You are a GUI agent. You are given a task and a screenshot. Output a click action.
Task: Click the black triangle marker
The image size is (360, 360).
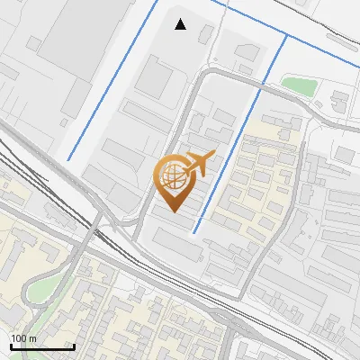pyautogui.click(x=181, y=24)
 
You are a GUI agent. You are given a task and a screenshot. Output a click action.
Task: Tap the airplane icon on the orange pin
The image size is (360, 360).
pyautogui.click(x=199, y=162)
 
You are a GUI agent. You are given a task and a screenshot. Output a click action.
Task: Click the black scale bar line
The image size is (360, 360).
pyautogui.click(x=41, y=346)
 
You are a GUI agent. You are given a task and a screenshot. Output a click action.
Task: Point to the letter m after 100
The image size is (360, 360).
pyautogui.click(x=32, y=338)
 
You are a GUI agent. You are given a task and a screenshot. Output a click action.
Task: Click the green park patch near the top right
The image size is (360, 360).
pyautogui.click(x=298, y=85)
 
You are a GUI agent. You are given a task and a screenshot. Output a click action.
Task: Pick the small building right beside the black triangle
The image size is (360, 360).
pyautogui.click(x=206, y=34)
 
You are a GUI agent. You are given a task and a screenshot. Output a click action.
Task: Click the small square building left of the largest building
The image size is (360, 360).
pyautogui.click(x=33, y=42)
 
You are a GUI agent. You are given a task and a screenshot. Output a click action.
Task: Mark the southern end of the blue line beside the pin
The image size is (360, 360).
pyautogui.click(x=193, y=232)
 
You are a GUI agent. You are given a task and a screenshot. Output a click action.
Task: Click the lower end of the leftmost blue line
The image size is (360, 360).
pyautogui.click(x=67, y=160)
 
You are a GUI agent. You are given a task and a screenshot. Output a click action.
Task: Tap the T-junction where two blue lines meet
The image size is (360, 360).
pyautogui.click(x=286, y=36)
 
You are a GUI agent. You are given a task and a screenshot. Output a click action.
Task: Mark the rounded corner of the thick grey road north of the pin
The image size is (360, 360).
pyautogui.click(x=202, y=76)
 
